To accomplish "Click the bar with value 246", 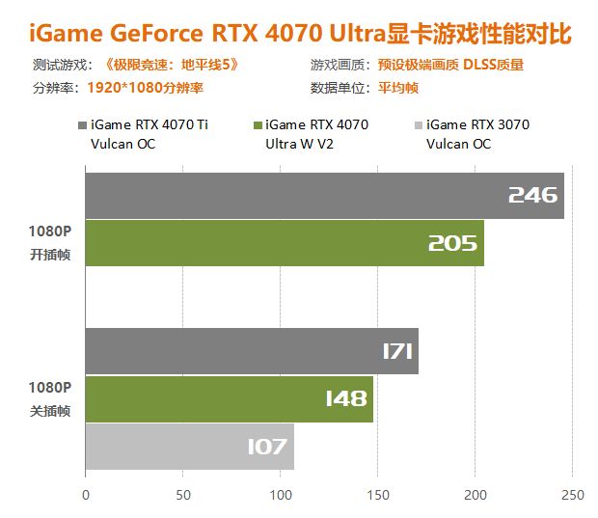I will tap(324, 196).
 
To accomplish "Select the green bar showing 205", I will tap(285, 243).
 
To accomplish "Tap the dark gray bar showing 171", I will tap(252, 351).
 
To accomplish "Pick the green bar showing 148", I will tap(229, 398).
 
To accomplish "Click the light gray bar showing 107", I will tap(189, 446).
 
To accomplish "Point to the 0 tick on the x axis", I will tap(86, 496).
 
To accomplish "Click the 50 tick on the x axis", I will tap(183, 496).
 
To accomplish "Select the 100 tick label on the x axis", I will tap(281, 496).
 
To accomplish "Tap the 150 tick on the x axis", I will tap(378, 496).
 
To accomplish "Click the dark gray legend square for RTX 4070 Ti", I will tap(80, 125).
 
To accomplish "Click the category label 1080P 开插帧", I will tap(49, 242).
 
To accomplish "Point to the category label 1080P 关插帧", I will tap(49, 397).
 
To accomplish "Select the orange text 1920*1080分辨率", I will tap(145, 88).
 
